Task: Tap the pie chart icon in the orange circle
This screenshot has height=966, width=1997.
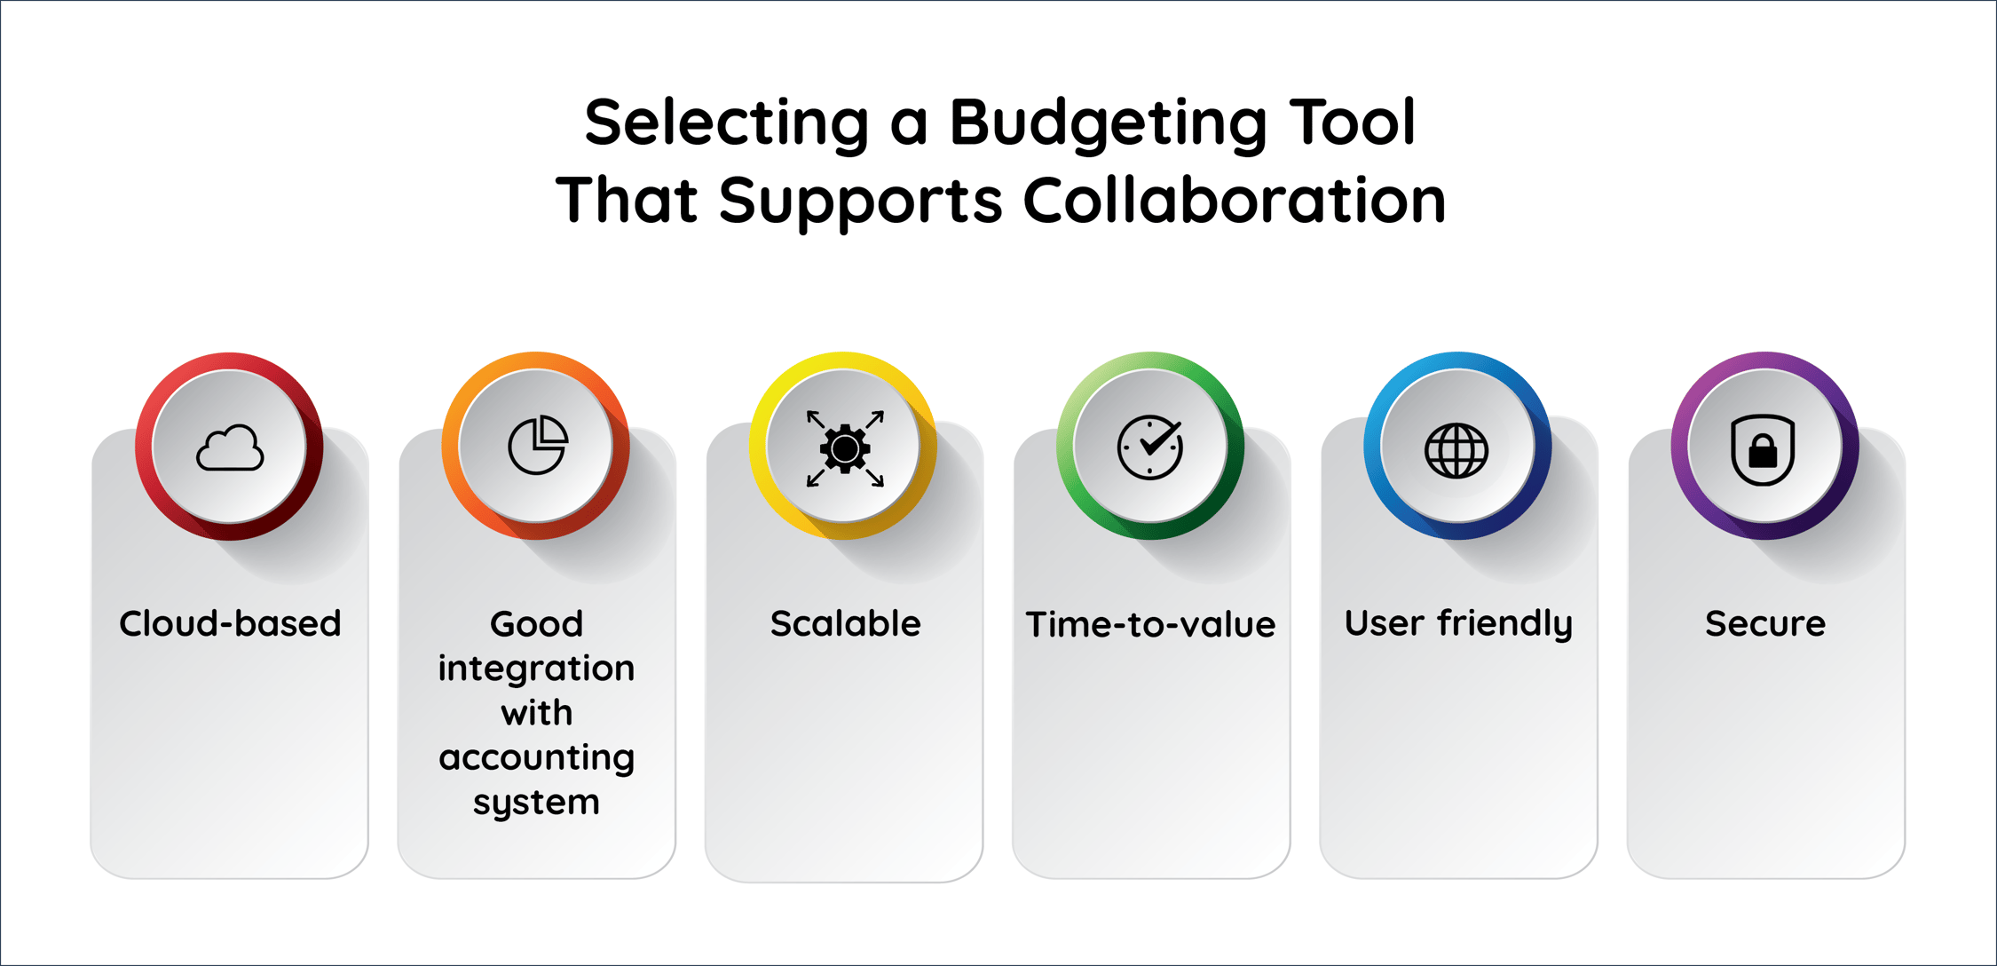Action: click(537, 445)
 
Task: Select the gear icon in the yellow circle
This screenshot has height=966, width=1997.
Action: click(844, 448)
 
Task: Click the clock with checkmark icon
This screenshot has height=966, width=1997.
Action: click(1150, 447)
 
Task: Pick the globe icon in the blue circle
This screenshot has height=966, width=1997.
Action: click(1456, 450)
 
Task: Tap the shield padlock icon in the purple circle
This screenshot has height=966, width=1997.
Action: click(1763, 449)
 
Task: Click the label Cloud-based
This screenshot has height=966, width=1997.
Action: click(230, 623)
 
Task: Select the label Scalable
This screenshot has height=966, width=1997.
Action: click(845, 623)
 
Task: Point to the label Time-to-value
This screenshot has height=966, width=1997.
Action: click(1150, 624)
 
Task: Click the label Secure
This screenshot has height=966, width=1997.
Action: click(1764, 623)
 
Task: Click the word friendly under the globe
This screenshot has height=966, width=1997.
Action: click(1505, 624)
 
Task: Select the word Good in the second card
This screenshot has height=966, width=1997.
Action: click(536, 623)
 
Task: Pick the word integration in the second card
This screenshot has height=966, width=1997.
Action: click(536, 668)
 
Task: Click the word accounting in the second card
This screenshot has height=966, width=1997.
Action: click(536, 757)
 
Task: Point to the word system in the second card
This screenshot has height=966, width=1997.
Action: click(536, 803)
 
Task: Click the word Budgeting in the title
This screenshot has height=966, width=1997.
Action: click(1108, 123)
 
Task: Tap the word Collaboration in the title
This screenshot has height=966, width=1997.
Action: click(1235, 199)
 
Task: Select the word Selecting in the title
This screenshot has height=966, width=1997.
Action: click(727, 123)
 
